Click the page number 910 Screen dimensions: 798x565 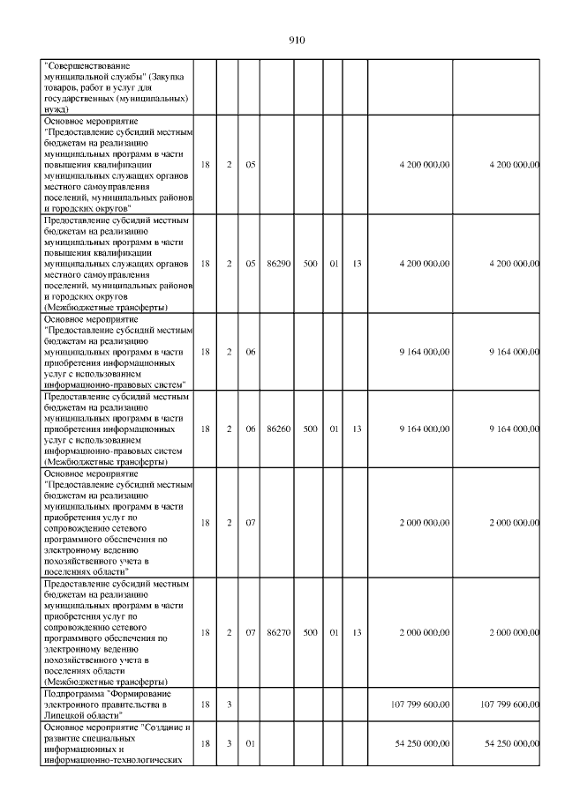coord(296,40)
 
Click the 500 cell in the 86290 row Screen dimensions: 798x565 coord(310,263)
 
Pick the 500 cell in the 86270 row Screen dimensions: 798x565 coord(310,632)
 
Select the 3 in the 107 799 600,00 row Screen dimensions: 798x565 coord(228,705)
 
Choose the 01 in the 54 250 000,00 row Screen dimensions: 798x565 coord(250,743)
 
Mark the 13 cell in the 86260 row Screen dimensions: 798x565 coord(357,429)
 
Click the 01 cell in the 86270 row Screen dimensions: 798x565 coord(334,632)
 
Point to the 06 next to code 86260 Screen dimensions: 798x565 coord(250,429)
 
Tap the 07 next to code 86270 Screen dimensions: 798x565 coord(250,632)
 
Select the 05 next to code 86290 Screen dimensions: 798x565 coord(250,263)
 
